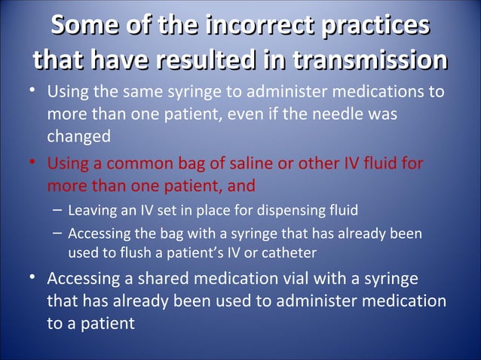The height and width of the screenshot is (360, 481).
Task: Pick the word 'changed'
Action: tap(78, 137)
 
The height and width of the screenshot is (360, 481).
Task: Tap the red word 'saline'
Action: tap(236, 163)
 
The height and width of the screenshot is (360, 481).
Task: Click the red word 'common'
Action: tap(136, 163)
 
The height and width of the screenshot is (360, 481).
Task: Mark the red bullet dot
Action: tap(33, 163)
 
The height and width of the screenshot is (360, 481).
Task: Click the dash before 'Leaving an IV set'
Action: tap(58, 210)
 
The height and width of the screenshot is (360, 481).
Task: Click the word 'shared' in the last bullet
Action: tap(150, 279)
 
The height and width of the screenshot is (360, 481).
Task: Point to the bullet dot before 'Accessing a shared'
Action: tap(33, 278)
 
